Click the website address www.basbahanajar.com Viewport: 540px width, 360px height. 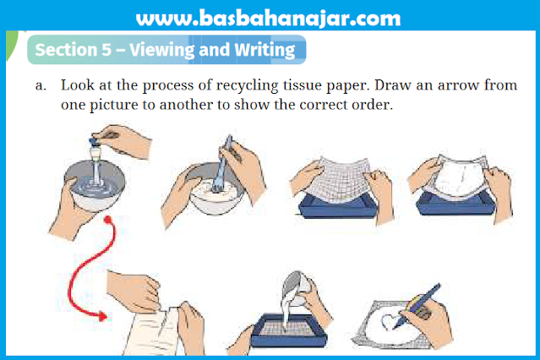click(x=268, y=19)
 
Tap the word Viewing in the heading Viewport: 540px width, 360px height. click(x=162, y=51)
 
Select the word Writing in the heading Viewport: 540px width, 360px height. click(x=265, y=51)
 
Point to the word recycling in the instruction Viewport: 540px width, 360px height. click(x=247, y=85)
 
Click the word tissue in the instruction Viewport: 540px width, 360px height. click(x=302, y=85)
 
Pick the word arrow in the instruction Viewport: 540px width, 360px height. click(x=458, y=85)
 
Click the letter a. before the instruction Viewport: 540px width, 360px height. click(x=41, y=85)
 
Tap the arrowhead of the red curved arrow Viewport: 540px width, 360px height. click(x=102, y=316)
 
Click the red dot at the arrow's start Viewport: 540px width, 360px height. click(x=108, y=220)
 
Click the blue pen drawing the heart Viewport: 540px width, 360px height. click(x=417, y=306)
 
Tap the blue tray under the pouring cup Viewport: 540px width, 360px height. click(x=289, y=330)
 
